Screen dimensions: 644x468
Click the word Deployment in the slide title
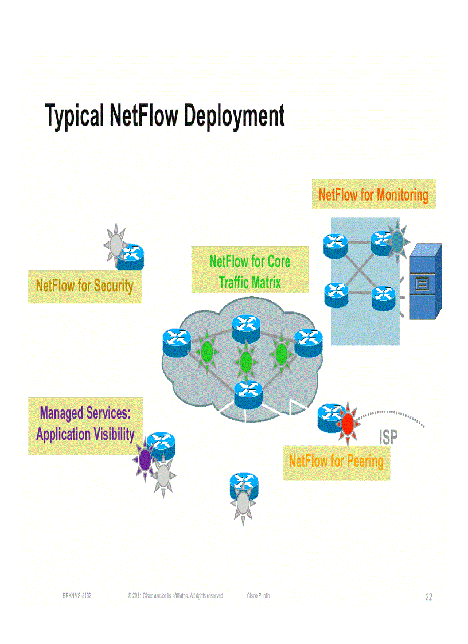click(233, 116)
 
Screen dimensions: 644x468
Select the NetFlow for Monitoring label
click(373, 194)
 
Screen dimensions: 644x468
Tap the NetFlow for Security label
click(84, 286)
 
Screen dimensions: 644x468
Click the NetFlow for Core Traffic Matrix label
click(249, 271)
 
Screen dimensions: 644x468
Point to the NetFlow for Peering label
click(336, 460)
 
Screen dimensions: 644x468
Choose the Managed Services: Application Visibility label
click(85, 424)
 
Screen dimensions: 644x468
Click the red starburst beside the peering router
click(348, 423)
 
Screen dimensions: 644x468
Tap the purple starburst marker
click(145, 458)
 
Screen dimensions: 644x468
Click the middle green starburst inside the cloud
click(246, 361)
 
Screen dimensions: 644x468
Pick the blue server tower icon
click(426, 281)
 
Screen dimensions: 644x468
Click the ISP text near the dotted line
click(388, 438)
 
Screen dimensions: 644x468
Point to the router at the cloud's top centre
click(247, 325)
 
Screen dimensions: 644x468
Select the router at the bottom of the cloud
click(248, 392)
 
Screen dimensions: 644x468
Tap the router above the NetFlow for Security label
click(130, 256)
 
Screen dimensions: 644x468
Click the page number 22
click(428, 598)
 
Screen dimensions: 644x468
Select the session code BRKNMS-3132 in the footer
click(77, 596)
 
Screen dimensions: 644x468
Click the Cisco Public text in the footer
click(258, 596)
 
